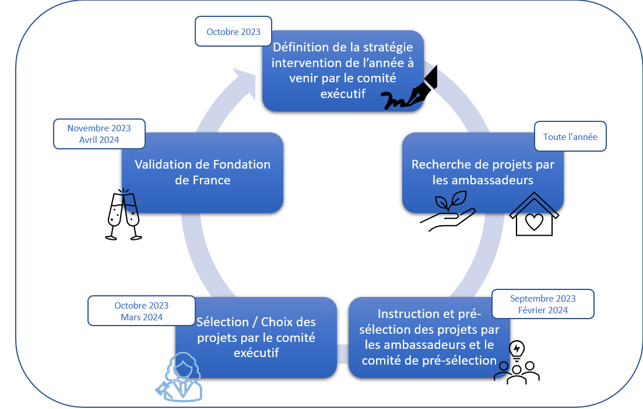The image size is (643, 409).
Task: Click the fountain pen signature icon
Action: tap(409, 88)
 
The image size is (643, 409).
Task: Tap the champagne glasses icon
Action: tap(124, 214)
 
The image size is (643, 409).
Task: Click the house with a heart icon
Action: tap(534, 214)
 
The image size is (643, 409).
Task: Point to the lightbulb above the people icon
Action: tap(516, 350)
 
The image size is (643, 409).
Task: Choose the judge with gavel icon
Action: tap(179, 376)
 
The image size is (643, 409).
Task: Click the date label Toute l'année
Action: tap(570, 137)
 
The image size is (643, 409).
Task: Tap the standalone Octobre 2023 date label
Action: tap(233, 32)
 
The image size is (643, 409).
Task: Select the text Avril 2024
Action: tap(99, 140)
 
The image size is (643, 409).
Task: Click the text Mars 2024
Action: tap(142, 317)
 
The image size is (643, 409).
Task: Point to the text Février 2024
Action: tap(543, 310)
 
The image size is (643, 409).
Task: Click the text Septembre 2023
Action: tap(543, 299)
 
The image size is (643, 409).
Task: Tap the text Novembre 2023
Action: tap(99, 128)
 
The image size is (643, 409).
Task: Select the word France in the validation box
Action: tap(210, 180)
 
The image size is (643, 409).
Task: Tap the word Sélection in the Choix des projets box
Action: tap(223, 322)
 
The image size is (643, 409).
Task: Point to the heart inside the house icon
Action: tap(534, 222)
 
